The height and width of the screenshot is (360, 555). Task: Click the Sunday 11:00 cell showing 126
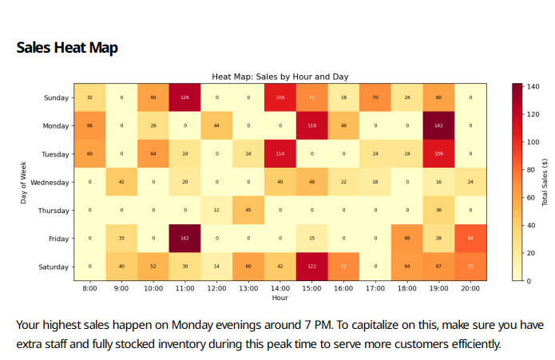(184, 97)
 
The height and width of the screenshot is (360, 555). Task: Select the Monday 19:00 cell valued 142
(438, 125)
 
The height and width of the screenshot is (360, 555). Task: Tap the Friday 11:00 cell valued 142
(184, 239)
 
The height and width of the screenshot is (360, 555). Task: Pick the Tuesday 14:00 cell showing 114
(279, 154)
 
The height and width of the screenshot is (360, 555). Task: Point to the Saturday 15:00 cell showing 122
(311, 267)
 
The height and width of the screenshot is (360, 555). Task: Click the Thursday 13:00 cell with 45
(248, 211)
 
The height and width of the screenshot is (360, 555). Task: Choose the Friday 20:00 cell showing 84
(470, 239)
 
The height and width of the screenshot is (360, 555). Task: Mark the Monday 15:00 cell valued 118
(311, 125)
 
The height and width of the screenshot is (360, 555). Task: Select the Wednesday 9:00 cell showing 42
(121, 182)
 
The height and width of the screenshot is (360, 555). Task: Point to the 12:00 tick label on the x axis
(216, 288)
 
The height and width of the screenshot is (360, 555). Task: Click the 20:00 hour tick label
(470, 288)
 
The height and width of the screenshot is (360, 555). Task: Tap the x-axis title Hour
(279, 298)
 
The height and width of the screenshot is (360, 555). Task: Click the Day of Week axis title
(25, 181)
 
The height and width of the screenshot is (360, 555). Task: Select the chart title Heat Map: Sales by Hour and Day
(279, 77)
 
